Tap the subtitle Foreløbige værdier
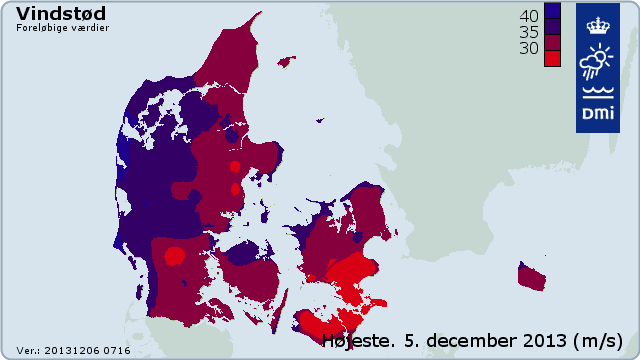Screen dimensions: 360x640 pos(62,28)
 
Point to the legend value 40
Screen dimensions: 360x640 pos(529,16)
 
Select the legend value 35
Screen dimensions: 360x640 pos(529,31)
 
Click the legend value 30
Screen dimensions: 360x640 pos(529,46)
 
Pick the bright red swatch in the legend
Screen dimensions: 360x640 pos(552,59)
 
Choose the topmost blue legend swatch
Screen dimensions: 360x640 pos(552,11)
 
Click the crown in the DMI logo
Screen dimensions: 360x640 pos(593,23)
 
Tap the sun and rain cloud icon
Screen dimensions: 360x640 pos(593,61)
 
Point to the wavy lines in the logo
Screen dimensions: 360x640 pos(593,96)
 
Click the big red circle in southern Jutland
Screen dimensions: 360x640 pos(175,256)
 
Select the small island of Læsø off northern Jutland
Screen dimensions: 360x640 pos(286,62)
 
